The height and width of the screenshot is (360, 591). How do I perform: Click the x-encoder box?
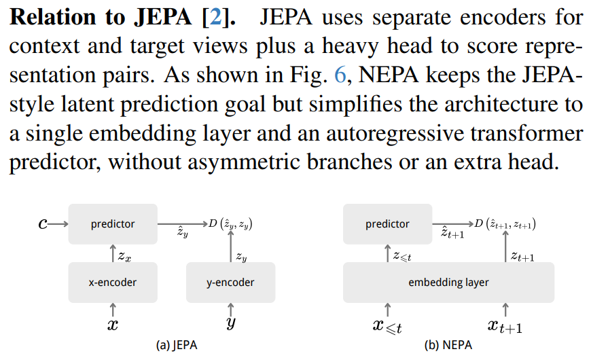(112, 283)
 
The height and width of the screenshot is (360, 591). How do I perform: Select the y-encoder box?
(231, 283)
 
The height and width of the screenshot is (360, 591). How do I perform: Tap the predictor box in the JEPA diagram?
(113, 223)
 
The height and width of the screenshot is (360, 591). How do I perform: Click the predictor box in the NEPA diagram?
(387, 223)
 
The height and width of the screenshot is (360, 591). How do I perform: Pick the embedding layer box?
(448, 283)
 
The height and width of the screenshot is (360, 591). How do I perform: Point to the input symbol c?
(43, 223)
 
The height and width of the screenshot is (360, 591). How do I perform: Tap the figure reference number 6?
(340, 75)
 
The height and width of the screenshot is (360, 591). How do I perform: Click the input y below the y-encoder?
(231, 325)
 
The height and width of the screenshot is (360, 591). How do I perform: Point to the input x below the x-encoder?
(112, 325)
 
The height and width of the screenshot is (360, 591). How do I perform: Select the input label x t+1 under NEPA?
(505, 327)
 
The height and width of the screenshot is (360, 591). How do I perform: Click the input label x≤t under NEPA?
(387, 327)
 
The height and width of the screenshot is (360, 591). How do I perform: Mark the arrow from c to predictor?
(59, 223)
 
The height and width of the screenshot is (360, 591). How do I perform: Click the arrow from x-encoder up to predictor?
(112, 254)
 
